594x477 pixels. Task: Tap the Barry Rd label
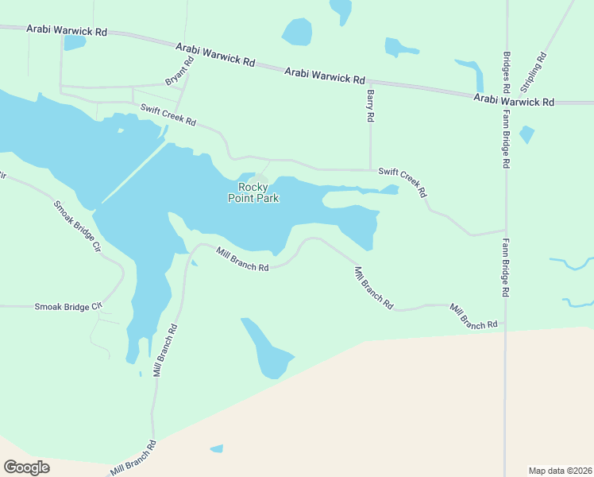click(x=370, y=105)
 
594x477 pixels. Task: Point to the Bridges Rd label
click(x=506, y=69)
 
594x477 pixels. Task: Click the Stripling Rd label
click(x=534, y=72)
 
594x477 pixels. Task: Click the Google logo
click(x=26, y=467)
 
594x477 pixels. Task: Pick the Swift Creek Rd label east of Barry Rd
click(x=403, y=182)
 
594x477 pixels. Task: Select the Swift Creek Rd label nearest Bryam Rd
click(x=168, y=116)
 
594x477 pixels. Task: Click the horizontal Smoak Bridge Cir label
click(x=69, y=306)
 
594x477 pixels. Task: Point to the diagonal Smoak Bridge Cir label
click(x=78, y=226)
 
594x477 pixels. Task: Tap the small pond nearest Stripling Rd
click(x=526, y=134)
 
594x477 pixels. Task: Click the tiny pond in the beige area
click(x=216, y=449)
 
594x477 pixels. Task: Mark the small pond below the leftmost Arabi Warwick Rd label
click(x=75, y=42)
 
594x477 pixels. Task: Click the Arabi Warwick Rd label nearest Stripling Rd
click(x=514, y=101)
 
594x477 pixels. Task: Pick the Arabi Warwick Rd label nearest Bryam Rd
click(x=215, y=54)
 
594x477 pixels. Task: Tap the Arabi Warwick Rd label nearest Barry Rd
click(x=325, y=76)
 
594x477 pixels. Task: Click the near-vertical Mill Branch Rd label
click(x=165, y=350)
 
